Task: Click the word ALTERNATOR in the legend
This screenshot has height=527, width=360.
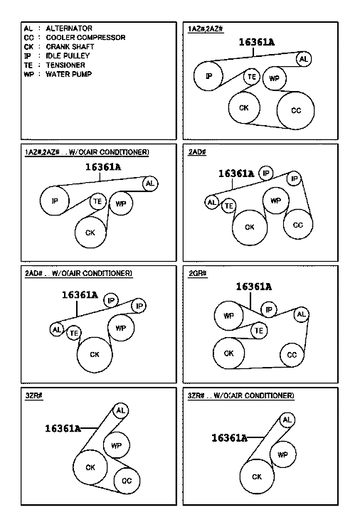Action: coord(69,28)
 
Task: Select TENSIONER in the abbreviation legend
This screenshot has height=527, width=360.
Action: coord(65,65)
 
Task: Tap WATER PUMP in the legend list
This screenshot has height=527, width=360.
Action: coord(68,74)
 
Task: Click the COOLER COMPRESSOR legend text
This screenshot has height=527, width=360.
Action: coord(85,37)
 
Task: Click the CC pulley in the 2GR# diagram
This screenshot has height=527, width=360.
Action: coord(292,355)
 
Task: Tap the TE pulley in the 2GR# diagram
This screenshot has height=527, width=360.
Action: coord(259,331)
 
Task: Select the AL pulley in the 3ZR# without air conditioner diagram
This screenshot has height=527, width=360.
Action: coord(287,420)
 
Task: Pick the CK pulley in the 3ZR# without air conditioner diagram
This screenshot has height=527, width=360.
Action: coord(257,477)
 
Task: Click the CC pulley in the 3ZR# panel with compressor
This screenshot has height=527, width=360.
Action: coord(127,481)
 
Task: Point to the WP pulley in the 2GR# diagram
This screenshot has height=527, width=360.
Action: coord(228,316)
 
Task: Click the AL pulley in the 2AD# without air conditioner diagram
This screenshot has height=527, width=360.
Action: coord(57,329)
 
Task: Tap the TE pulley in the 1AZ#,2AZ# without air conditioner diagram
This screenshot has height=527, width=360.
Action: coord(97,201)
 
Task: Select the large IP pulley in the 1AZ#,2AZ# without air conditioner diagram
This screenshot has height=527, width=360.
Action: coord(55,201)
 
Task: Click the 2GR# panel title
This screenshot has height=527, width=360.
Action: coord(198,274)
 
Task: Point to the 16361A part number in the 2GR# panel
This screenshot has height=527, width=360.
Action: coord(254,287)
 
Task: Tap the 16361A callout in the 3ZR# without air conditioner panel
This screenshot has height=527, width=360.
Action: coord(229,437)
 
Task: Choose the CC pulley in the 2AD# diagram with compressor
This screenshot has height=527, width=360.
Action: coord(298,225)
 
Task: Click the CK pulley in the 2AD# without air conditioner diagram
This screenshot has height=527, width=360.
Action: coord(95,355)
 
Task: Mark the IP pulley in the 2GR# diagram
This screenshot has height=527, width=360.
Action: coord(268,309)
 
